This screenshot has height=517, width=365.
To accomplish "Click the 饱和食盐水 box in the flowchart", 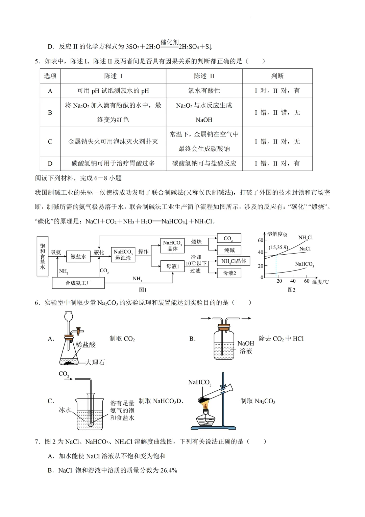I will [x=43, y=256].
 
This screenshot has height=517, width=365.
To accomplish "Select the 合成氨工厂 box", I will [x=78, y=283].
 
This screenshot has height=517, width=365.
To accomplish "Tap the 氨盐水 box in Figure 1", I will [x=78, y=257].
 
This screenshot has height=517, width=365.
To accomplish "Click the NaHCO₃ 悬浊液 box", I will [x=123, y=255].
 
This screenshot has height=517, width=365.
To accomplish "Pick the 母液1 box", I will [x=172, y=266].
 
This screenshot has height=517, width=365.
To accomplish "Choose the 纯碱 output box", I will [x=229, y=250].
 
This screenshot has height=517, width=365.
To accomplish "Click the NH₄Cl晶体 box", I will [x=234, y=261].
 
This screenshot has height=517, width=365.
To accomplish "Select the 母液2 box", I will [x=229, y=273].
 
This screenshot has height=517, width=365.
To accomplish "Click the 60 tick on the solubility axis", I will [x=261, y=240].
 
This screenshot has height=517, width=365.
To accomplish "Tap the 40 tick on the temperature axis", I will [x=293, y=281].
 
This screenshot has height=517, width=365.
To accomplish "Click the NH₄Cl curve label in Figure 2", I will [x=305, y=238].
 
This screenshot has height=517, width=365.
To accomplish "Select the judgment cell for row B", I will [x=277, y=112].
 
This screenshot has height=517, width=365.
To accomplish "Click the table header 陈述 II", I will [x=204, y=76].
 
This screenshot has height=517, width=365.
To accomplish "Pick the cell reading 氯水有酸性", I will [x=204, y=90].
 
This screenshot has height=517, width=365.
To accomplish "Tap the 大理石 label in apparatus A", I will [x=95, y=362].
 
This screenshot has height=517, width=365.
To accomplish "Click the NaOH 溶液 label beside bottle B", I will [x=246, y=347].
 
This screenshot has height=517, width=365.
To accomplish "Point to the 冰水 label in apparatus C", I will [x=65, y=410].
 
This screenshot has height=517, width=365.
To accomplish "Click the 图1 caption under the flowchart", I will [x=143, y=290].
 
